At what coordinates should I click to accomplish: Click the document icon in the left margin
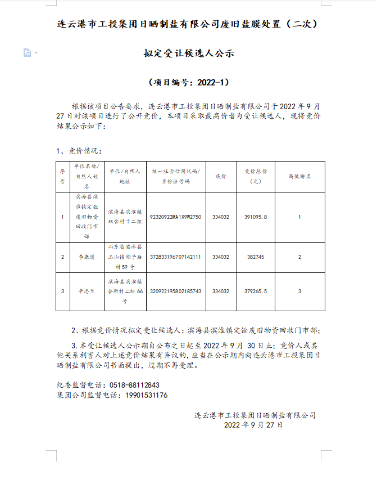point(27,52)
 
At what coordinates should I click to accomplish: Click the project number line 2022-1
point(188,82)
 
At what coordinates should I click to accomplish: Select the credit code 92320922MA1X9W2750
point(176,217)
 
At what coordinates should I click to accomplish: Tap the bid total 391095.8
point(256,217)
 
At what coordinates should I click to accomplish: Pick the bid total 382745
point(256,257)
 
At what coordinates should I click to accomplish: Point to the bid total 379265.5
point(256,291)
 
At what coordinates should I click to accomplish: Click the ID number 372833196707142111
point(176,257)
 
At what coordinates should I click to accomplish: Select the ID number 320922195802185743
point(176,291)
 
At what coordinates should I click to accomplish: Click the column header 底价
point(220,176)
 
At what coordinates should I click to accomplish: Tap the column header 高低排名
point(299,176)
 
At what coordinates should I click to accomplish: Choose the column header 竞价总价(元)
point(256,176)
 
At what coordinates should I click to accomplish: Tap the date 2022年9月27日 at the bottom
point(253,425)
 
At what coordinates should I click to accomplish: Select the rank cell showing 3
point(299,291)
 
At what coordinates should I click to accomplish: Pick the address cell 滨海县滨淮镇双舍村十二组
point(125,217)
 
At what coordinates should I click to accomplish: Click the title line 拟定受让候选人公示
point(188,53)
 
